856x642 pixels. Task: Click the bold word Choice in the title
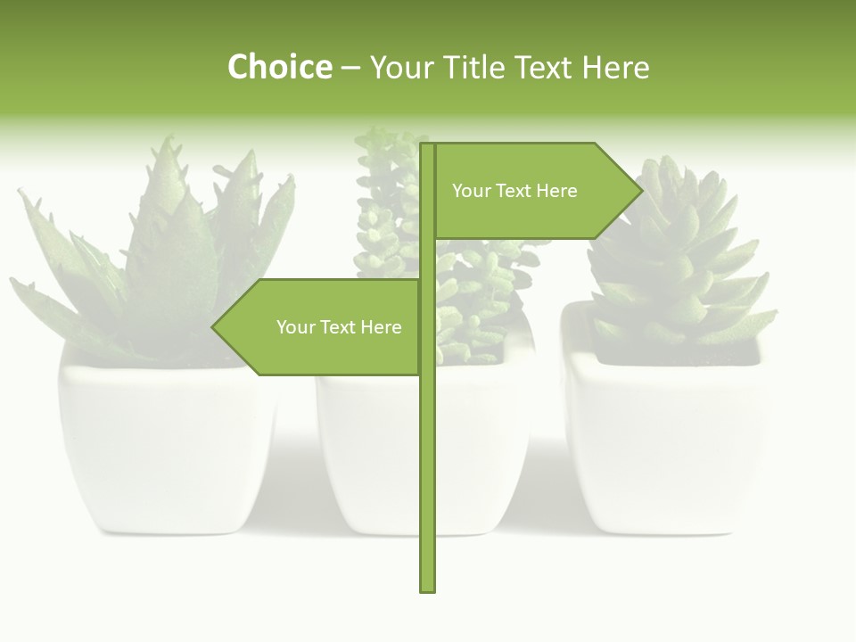tap(279, 67)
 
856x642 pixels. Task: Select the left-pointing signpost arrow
tap(321, 327)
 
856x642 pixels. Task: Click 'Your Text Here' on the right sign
tap(514, 191)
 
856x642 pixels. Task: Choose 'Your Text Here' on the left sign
tap(339, 327)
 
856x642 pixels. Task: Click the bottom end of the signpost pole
tap(427, 588)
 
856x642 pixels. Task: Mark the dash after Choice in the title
tap(350, 68)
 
